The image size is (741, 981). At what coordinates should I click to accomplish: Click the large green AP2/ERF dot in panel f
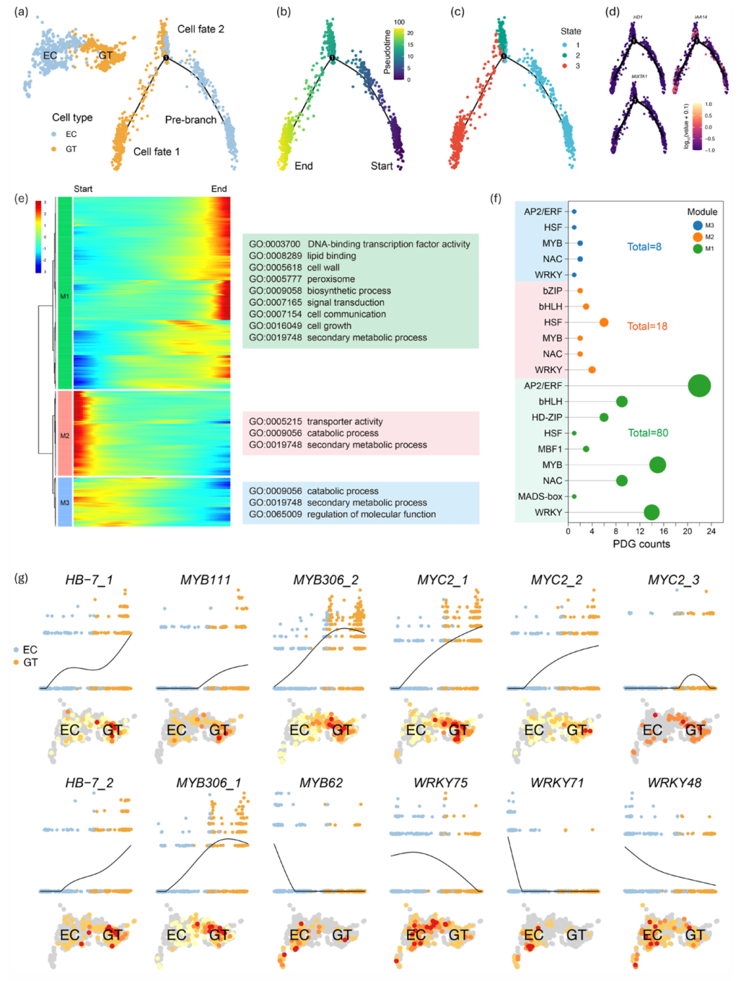click(x=699, y=386)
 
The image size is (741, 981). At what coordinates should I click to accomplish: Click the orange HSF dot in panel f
click(x=604, y=322)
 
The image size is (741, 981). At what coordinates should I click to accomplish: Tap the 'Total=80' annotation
click(x=648, y=433)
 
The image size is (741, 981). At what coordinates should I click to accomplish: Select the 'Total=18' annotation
click(x=647, y=326)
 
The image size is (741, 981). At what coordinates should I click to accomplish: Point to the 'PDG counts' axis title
click(x=641, y=544)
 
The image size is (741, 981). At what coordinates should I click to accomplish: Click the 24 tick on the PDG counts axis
click(x=711, y=531)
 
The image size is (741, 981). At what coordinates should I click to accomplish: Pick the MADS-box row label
click(x=540, y=496)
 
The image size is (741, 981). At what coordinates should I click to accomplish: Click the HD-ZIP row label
click(x=546, y=417)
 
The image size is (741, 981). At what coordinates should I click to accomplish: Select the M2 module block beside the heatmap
click(x=64, y=433)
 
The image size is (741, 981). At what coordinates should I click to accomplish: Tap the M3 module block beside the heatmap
click(x=64, y=502)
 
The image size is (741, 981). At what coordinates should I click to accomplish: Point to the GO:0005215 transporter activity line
click(x=316, y=422)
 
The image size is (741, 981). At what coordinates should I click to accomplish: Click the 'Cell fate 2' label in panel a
click(x=200, y=29)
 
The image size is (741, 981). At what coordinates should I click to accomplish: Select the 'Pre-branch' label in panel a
click(x=190, y=120)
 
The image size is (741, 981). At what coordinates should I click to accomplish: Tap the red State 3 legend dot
click(x=565, y=66)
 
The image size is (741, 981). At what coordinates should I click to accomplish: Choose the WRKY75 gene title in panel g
click(x=440, y=783)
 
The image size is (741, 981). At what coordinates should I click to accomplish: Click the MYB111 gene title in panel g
click(x=205, y=580)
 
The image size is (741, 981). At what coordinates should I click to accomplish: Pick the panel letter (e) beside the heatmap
click(x=21, y=199)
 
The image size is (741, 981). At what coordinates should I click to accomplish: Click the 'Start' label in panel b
click(x=381, y=166)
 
